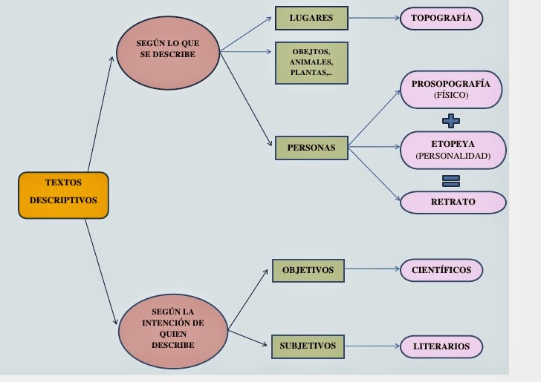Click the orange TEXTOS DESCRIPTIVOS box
click(x=63, y=195)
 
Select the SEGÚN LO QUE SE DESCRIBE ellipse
click(x=168, y=53)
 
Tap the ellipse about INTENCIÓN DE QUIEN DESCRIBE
click(x=173, y=332)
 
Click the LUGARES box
click(x=311, y=19)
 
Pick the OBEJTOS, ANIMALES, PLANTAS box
click(x=311, y=63)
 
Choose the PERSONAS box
click(x=311, y=148)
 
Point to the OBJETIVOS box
click(x=308, y=271)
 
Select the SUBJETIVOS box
click(x=308, y=346)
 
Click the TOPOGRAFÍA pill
click(x=441, y=19)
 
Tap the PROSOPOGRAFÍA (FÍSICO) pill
click(x=451, y=90)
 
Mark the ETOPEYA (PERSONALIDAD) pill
click(x=453, y=150)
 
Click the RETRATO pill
click(x=453, y=202)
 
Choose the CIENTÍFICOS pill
click(x=441, y=270)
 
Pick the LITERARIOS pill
click(x=441, y=346)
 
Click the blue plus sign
click(x=451, y=121)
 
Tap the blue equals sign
click(x=451, y=181)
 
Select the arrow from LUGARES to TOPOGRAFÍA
click(x=374, y=18)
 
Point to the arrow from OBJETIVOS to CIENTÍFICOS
click(x=372, y=269)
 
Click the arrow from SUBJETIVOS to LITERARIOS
click(x=372, y=346)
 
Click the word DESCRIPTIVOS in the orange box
click(x=63, y=200)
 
